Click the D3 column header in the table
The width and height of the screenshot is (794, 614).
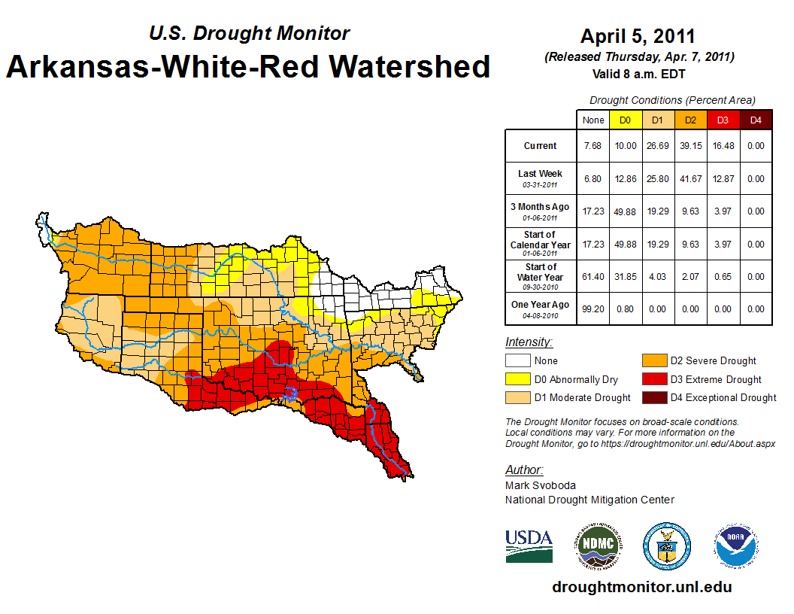(x=722, y=120)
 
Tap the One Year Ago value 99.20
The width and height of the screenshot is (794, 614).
(x=592, y=309)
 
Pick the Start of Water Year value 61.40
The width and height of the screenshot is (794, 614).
(x=592, y=277)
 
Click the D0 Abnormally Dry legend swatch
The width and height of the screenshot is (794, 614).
(x=517, y=379)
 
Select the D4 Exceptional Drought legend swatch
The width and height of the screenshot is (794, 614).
(x=653, y=397)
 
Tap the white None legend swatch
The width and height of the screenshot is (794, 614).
(x=517, y=361)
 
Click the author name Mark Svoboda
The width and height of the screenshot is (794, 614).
(x=541, y=485)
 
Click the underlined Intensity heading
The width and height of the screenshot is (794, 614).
(x=529, y=342)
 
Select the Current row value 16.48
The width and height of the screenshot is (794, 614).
(x=722, y=146)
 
